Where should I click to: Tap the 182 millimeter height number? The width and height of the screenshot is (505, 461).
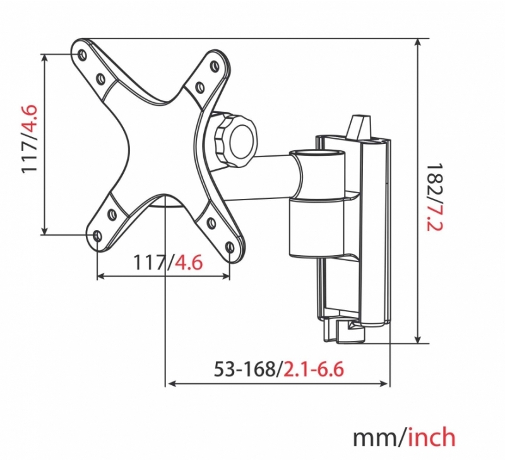[x=434, y=181]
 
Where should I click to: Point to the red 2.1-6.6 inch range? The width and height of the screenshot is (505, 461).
[x=313, y=369]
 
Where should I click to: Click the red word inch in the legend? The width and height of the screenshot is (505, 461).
[x=432, y=437]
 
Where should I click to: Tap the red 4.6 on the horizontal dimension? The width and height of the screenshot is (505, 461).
[x=188, y=262]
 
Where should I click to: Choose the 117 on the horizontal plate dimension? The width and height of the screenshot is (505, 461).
[x=150, y=262]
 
